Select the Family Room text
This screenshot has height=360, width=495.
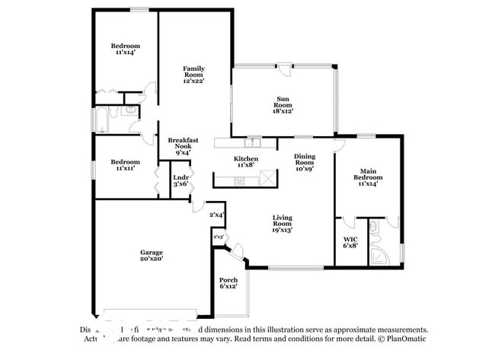pos(193,75)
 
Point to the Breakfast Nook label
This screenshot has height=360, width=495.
pos(183,145)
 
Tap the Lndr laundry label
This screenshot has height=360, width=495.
pos(180,180)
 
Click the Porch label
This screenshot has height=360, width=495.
pos(228,283)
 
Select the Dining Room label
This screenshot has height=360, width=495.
pos(305,161)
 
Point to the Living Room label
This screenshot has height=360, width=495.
pos(283,222)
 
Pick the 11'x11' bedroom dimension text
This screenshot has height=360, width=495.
pos(124,167)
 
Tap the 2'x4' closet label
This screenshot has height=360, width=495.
pos(217,215)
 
